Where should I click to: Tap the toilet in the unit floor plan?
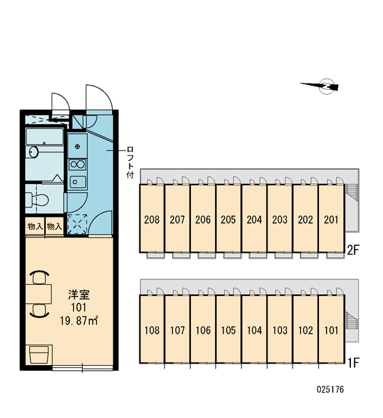tap(38, 200)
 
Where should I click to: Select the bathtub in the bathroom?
tap(45, 137)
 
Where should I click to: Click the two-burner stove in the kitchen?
tap(77, 164)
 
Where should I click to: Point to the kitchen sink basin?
tap(77, 182)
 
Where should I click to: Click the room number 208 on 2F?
tap(152, 219)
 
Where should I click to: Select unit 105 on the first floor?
tap(228, 330)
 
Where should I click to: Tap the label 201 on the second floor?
tap(331, 219)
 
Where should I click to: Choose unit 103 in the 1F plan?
tap(280, 330)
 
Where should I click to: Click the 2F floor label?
tap(354, 250)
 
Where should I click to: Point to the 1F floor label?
tap(354, 362)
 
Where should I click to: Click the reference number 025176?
tap(330, 389)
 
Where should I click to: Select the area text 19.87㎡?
tap(79, 320)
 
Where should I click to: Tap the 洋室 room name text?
tap(79, 295)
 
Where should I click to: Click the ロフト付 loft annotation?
tap(130, 162)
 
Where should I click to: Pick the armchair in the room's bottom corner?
tap(39, 355)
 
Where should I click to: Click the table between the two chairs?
tap(38, 294)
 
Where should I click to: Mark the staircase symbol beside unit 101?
tap(351, 320)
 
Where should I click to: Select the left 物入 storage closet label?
tap(36, 226)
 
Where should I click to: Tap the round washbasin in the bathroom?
tap(33, 152)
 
